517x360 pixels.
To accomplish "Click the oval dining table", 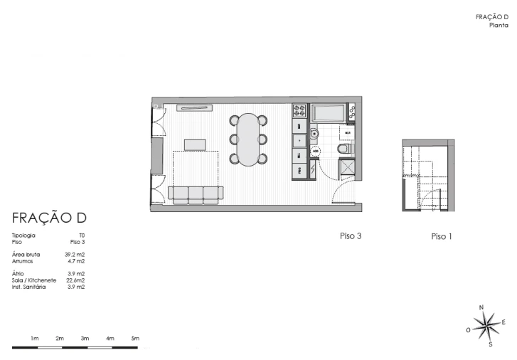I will pyautogui.click(x=248, y=140).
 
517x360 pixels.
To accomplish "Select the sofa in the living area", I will pyautogui.click(x=196, y=194).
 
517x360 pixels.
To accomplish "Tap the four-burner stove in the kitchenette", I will pyautogui.click(x=299, y=111).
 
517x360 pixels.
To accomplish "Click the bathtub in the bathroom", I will pyautogui.click(x=329, y=113).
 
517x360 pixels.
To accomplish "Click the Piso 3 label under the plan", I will pyautogui.click(x=351, y=235).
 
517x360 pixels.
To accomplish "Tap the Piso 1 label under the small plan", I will pyautogui.click(x=442, y=236).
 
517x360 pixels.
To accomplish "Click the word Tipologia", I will pyautogui.click(x=23, y=235).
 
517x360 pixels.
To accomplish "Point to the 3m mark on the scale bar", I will pyautogui.click(x=85, y=338).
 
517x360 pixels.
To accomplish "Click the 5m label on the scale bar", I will pyautogui.click(x=135, y=338).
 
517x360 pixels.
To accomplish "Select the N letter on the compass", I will pyautogui.click(x=481, y=307).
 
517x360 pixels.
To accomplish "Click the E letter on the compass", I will pyautogui.click(x=503, y=322).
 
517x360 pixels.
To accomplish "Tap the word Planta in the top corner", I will pyautogui.click(x=499, y=25).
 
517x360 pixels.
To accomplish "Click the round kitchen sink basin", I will pyautogui.click(x=314, y=133).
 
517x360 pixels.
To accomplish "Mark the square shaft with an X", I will pyautogui.click(x=348, y=169).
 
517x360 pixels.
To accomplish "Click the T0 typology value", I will pyautogui.click(x=82, y=235).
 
